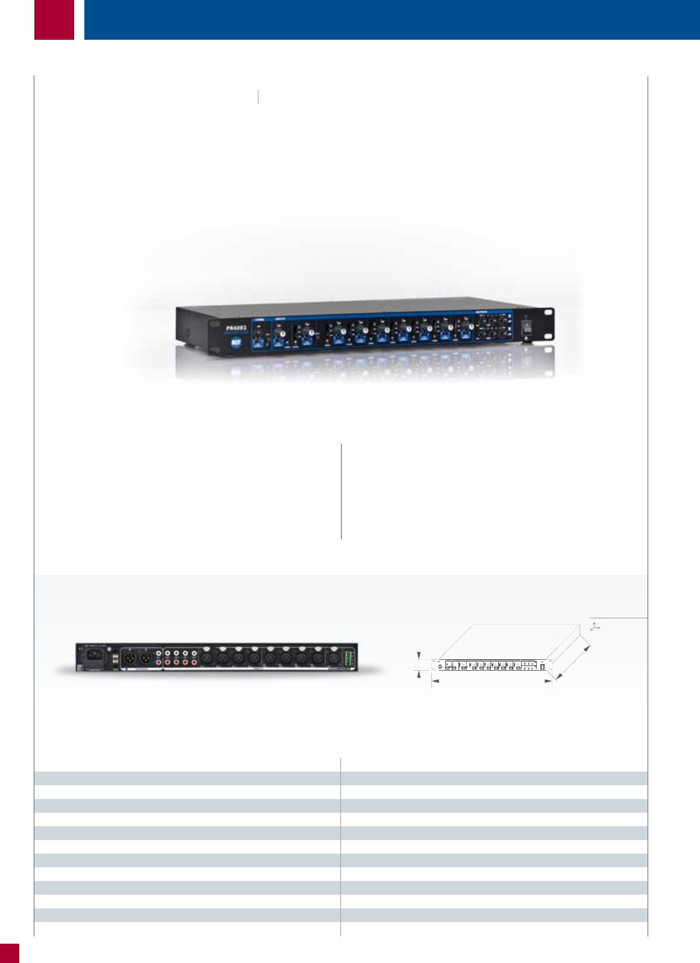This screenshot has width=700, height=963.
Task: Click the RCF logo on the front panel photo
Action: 235,342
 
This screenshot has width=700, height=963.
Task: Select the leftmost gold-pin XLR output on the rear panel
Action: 129,657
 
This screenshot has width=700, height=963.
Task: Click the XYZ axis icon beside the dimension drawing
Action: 595,627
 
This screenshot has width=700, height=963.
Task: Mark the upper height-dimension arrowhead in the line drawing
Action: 419,654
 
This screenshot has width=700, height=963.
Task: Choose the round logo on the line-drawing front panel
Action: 440,667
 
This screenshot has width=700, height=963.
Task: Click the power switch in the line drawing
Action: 542,667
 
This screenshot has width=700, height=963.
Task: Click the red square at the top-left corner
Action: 54,19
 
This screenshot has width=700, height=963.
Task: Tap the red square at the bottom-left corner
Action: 10,953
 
